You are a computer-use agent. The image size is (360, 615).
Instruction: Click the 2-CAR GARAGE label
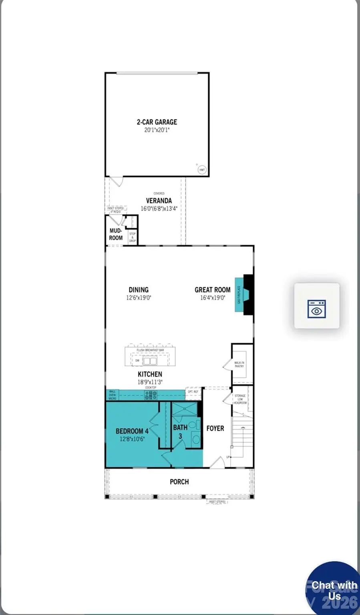pos(157,122)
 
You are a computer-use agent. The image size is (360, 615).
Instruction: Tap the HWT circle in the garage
pos(202,170)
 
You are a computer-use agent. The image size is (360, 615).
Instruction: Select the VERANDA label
pos(159,201)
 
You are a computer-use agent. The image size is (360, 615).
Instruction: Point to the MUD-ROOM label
pos(116,234)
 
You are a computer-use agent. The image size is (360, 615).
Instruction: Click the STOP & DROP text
pos(133,237)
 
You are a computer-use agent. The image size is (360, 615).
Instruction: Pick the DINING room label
pos(139,290)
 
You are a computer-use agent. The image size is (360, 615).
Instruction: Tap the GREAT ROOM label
pos(212,290)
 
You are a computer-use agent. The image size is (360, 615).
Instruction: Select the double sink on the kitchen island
pos(150,361)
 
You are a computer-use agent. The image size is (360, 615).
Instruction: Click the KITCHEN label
pos(150,374)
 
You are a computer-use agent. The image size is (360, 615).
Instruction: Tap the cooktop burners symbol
pos(151,396)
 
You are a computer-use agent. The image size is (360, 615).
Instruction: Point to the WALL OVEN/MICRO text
pos(113,395)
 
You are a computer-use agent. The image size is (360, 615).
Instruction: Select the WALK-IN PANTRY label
pos(239,364)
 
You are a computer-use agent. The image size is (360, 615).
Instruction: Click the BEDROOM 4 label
pos(132,431)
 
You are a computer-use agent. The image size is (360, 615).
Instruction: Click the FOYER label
pos(215,428)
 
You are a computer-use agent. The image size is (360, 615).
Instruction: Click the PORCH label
pos(179,482)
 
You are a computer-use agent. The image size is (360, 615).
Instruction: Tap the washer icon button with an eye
pos(316,306)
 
